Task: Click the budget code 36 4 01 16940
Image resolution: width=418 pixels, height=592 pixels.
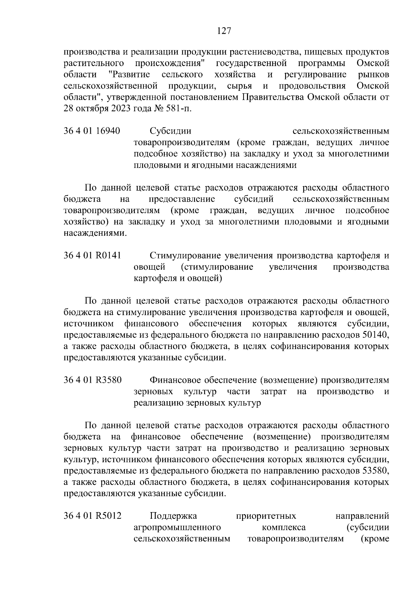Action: tap(92, 131)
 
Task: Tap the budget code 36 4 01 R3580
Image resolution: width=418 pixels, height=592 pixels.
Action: tap(93, 380)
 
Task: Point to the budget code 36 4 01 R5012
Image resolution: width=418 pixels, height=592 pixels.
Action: tap(93, 516)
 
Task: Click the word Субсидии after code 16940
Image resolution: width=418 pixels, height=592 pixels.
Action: tap(171, 131)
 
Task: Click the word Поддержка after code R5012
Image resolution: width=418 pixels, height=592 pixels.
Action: tap(173, 516)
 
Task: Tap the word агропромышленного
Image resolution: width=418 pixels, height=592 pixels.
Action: tap(178, 527)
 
